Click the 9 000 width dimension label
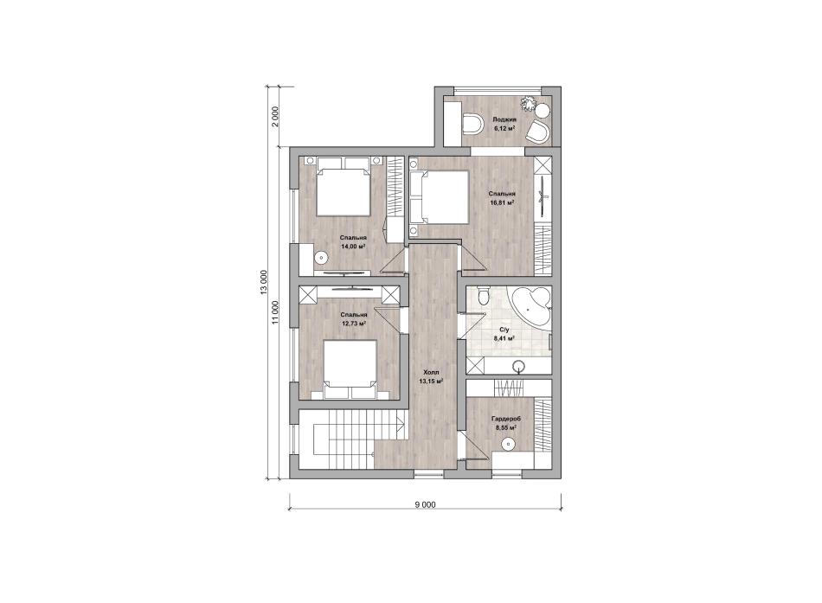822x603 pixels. (425, 504)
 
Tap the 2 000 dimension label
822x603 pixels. (276, 117)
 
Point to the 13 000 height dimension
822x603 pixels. (264, 283)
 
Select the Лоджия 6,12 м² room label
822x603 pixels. (504, 123)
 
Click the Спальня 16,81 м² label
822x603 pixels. (501, 197)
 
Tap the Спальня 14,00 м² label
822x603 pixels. (352, 241)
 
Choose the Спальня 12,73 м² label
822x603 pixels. (353, 319)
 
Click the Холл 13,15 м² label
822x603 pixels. (431, 376)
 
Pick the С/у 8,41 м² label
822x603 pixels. (504, 334)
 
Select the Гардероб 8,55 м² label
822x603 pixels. (505, 423)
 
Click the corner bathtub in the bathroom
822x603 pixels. (531, 307)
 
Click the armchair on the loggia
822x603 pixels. (537, 132)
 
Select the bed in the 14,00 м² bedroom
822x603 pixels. (343, 188)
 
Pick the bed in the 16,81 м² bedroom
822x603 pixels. (439, 196)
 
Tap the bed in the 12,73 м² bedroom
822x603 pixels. (350, 369)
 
